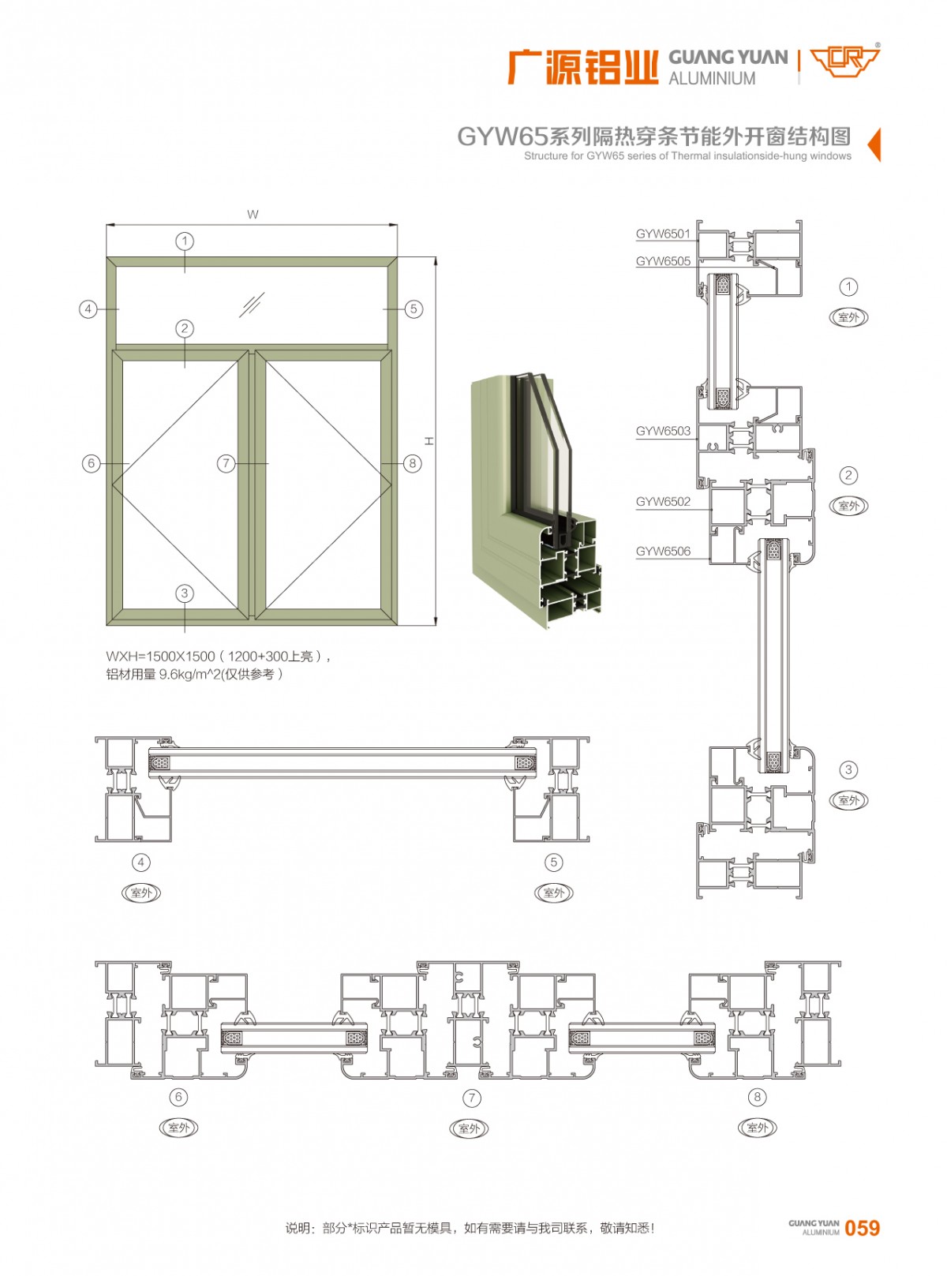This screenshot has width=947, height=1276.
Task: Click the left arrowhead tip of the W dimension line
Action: [x=107, y=225]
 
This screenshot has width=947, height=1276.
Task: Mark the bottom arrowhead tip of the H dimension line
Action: [x=436, y=625]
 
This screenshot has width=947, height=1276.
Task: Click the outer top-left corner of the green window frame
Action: [x=107, y=257]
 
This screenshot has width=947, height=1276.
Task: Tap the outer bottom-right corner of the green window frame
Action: [x=397, y=625]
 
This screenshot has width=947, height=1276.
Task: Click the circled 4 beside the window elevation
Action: [x=88, y=309]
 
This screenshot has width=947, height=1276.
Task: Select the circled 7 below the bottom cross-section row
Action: [x=472, y=1098]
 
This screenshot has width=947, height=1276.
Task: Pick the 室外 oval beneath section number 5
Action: [x=553, y=892]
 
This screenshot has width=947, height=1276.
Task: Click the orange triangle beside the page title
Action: [x=874, y=144]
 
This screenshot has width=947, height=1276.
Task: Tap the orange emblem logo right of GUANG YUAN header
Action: [x=844, y=62]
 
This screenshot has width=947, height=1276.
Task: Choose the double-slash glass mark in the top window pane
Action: [x=252, y=305]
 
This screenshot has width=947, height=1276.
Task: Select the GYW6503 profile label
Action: [x=663, y=431]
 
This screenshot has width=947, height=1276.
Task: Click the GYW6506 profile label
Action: [x=663, y=551]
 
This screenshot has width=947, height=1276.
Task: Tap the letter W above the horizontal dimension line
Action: [x=253, y=215]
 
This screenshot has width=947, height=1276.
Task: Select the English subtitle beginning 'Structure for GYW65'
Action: [x=687, y=156]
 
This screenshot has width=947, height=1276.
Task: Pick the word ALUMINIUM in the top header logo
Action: [x=712, y=78]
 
